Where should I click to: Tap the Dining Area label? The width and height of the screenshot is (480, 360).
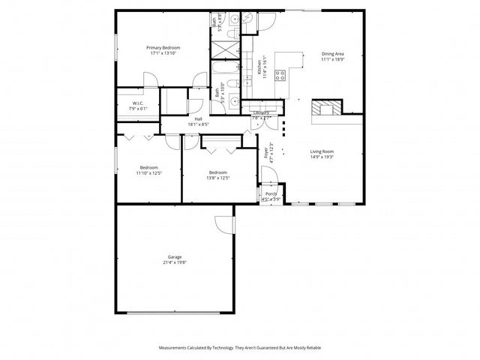pyautogui.click(x=332, y=53)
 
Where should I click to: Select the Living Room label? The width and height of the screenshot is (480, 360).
pyautogui.click(x=322, y=151)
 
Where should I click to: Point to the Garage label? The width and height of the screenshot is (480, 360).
pyautogui.click(x=174, y=257)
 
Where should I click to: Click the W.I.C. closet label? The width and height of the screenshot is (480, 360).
pyautogui.click(x=138, y=103)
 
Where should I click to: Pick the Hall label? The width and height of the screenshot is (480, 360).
pyautogui.click(x=199, y=118)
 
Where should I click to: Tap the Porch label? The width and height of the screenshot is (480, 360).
pyautogui.click(x=271, y=194)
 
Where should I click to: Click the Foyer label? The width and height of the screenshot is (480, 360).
pyautogui.click(x=266, y=153)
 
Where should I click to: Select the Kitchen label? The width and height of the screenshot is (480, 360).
pyautogui.click(x=259, y=67)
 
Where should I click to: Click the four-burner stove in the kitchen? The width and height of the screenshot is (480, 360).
pyautogui.click(x=280, y=74)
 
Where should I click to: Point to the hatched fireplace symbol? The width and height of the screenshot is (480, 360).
pyautogui.click(x=326, y=108)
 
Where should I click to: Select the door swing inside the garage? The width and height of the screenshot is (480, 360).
pyautogui.click(x=222, y=223)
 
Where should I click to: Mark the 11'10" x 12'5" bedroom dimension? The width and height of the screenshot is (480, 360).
pyautogui.click(x=149, y=173)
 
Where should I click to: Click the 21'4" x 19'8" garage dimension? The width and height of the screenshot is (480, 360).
pyautogui.click(x=174, y=263)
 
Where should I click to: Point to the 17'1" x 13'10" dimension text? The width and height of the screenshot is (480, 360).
pyautogui.click(x=165, y=53)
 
